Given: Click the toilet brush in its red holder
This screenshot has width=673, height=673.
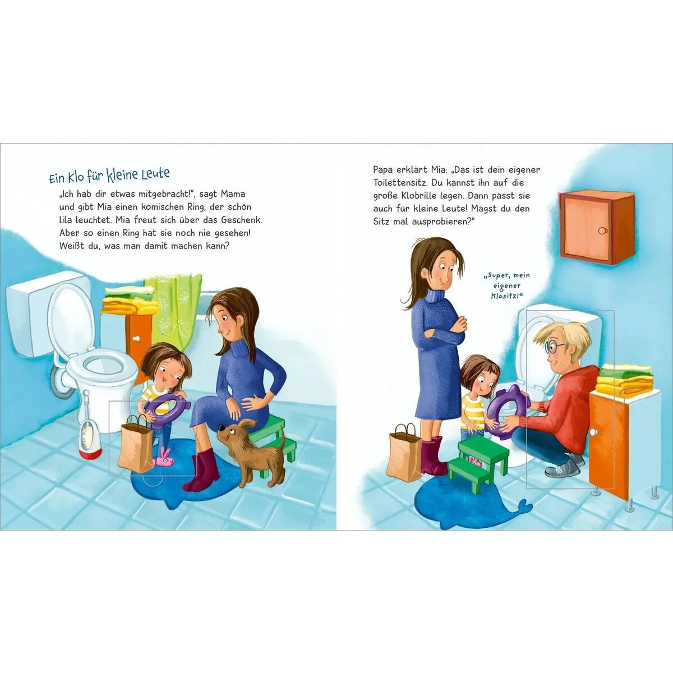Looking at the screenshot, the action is [89, 429].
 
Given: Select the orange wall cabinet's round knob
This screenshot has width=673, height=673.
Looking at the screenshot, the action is [603, 231].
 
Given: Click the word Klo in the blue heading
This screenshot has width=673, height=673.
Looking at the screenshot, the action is [76, 177].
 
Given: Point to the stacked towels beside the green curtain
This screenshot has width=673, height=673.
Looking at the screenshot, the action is [128, 301].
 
